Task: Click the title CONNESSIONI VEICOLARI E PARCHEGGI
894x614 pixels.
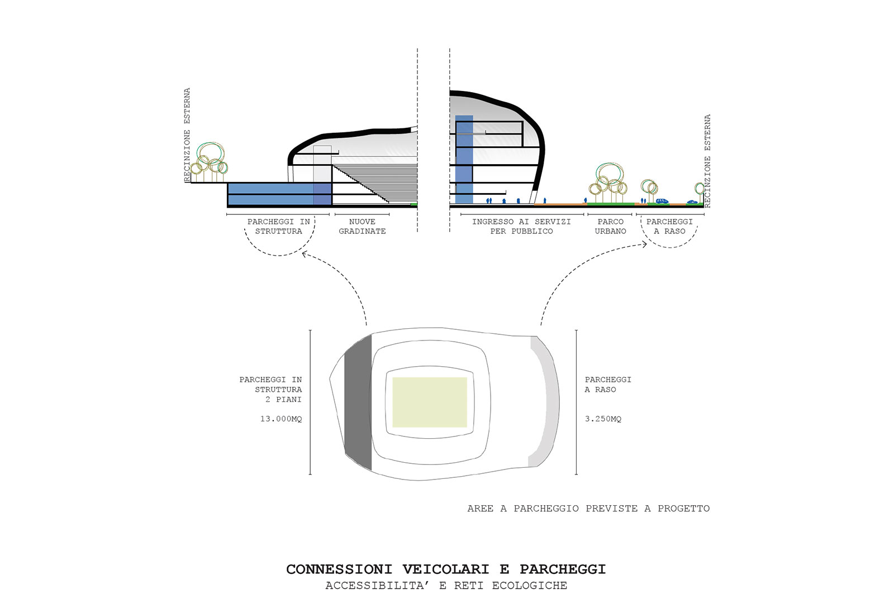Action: point(446,569)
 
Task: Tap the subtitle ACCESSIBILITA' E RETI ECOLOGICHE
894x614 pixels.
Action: point(446,586)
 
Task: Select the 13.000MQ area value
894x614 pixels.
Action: point(281,419)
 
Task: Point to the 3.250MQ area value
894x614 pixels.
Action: point(603,419)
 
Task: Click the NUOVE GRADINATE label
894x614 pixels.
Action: point(362,227)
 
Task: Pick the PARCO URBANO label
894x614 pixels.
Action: point(610,227)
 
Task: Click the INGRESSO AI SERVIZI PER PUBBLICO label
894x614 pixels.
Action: point(521,227)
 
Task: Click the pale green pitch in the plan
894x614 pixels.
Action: point(430,402)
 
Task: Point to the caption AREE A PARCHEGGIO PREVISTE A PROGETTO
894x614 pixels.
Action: point(588,509)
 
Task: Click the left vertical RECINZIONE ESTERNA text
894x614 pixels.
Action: point(187,135)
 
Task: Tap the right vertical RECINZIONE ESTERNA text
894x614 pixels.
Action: point(707,161)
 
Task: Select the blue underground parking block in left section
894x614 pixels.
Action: point(279,194)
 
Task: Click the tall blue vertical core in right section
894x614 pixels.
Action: point(464,160)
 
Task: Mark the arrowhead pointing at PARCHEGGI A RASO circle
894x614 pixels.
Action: point(644,244)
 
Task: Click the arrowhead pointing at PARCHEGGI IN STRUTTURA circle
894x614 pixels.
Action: point(305,254)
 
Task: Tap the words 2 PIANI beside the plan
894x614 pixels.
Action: point(283,400)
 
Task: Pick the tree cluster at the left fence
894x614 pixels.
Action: point(209,161)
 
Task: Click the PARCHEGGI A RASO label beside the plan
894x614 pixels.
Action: point(608,385)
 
